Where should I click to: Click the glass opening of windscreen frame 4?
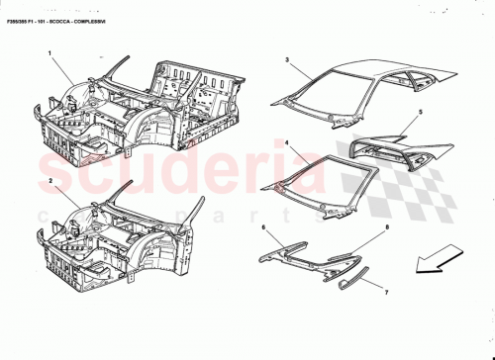pyautogui.click(x=315, y=183)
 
